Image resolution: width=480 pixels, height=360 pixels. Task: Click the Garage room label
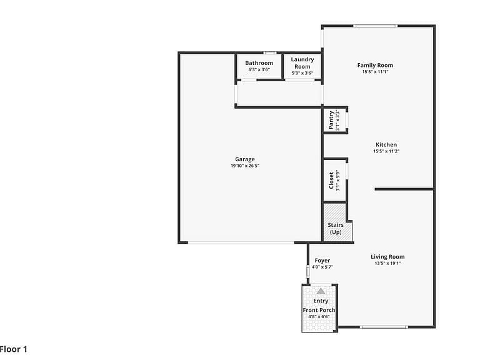tap(245, 159)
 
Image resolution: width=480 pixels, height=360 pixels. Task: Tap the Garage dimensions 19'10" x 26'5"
tap(245, 166)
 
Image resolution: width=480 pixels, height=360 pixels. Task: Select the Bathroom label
tap(259, 63)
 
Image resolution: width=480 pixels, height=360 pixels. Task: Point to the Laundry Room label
tap(302, 62)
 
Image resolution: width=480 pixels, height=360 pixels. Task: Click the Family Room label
tap(375, 65)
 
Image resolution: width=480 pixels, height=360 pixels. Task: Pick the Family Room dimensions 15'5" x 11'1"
tap(375, 72)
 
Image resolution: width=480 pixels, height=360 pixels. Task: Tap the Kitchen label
tap(386, 144)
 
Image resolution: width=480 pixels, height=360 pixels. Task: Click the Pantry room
tap(334, 120)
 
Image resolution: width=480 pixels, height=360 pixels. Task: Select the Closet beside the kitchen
tap(334, 181)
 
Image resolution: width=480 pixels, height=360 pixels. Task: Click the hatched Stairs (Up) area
tap(337, 223)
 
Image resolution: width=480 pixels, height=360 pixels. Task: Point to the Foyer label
tap(322, 261)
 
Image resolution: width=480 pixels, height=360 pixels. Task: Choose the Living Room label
tap(387, 257)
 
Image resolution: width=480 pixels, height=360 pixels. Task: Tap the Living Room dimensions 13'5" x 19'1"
tap(387, 264)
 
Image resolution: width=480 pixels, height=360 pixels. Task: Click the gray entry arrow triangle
tap(321, 291)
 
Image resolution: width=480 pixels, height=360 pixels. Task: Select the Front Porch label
tap(319, 310)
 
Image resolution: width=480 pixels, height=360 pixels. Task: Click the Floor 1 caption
tap(14, 349)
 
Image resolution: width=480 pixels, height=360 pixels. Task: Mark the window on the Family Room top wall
tap(375, 26)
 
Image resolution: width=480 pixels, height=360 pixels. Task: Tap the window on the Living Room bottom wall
tap(384, 327)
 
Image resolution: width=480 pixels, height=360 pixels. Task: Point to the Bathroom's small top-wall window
tap(270, 53)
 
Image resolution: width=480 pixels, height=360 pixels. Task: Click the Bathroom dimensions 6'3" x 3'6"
tap(259, 70)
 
